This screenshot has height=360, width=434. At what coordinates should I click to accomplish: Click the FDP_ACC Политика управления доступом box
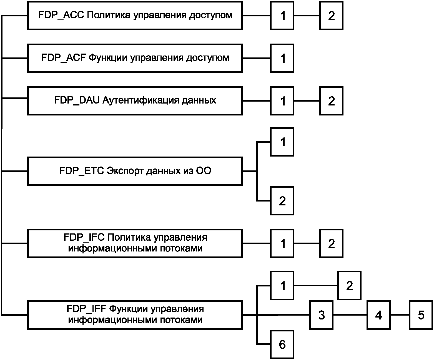135,16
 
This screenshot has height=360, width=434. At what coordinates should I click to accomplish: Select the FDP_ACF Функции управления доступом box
135,58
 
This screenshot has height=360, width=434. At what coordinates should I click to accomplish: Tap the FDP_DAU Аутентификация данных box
135,101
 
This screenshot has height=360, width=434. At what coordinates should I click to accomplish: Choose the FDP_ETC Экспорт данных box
135,171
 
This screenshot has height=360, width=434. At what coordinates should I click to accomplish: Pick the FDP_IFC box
135,243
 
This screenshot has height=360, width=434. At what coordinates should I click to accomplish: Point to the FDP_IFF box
135,315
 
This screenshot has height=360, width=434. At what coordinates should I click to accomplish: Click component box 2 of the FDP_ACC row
331,16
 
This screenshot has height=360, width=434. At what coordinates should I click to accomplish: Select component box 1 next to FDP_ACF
282,58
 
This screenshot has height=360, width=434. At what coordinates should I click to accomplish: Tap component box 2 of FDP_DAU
331,101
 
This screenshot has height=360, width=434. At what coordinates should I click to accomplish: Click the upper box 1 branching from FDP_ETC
282,142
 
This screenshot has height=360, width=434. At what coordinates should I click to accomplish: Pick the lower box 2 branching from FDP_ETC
282,201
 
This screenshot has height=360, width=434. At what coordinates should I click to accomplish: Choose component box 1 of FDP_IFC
282,243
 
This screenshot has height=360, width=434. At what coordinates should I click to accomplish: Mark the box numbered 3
321,315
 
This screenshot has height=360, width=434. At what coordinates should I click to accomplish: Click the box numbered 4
378,315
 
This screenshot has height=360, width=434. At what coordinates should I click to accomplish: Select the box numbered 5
421,315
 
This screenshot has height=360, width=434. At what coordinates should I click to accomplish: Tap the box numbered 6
282,345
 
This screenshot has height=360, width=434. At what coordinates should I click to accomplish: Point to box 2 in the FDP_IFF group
349,285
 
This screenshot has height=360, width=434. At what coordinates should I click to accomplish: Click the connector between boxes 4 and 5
400,315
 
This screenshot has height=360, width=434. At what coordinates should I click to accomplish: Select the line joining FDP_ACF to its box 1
257,58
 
